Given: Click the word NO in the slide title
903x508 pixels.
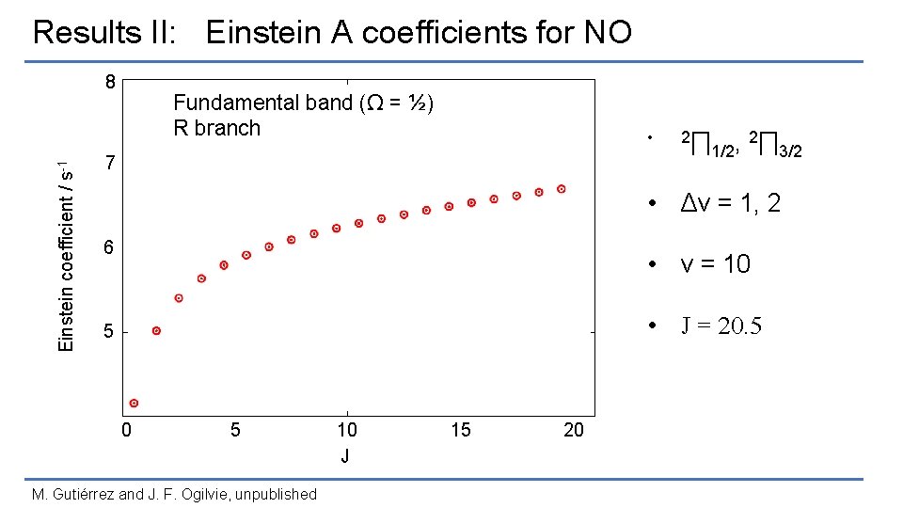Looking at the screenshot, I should point(608,33).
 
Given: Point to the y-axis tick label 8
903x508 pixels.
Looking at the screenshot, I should point(110,82).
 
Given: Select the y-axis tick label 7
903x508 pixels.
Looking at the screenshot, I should point(110,165).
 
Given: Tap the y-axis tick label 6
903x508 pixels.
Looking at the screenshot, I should point(110,247).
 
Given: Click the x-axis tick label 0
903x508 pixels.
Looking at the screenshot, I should point(126,431).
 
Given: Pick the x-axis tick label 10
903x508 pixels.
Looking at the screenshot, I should point(347,431).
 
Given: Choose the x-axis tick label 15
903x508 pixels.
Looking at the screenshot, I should point(460,431).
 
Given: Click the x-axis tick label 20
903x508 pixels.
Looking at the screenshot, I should point(573,431).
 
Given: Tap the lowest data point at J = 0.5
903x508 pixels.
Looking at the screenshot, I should point(135,403).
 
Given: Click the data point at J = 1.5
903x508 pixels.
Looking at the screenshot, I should point(156,330).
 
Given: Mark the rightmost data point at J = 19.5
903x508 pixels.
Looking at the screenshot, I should point(562,189).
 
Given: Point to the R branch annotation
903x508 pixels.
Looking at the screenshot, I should point(216,128).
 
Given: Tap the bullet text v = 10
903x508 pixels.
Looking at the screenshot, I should point(716,264).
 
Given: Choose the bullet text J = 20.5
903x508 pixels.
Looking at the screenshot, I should point(721,326).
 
